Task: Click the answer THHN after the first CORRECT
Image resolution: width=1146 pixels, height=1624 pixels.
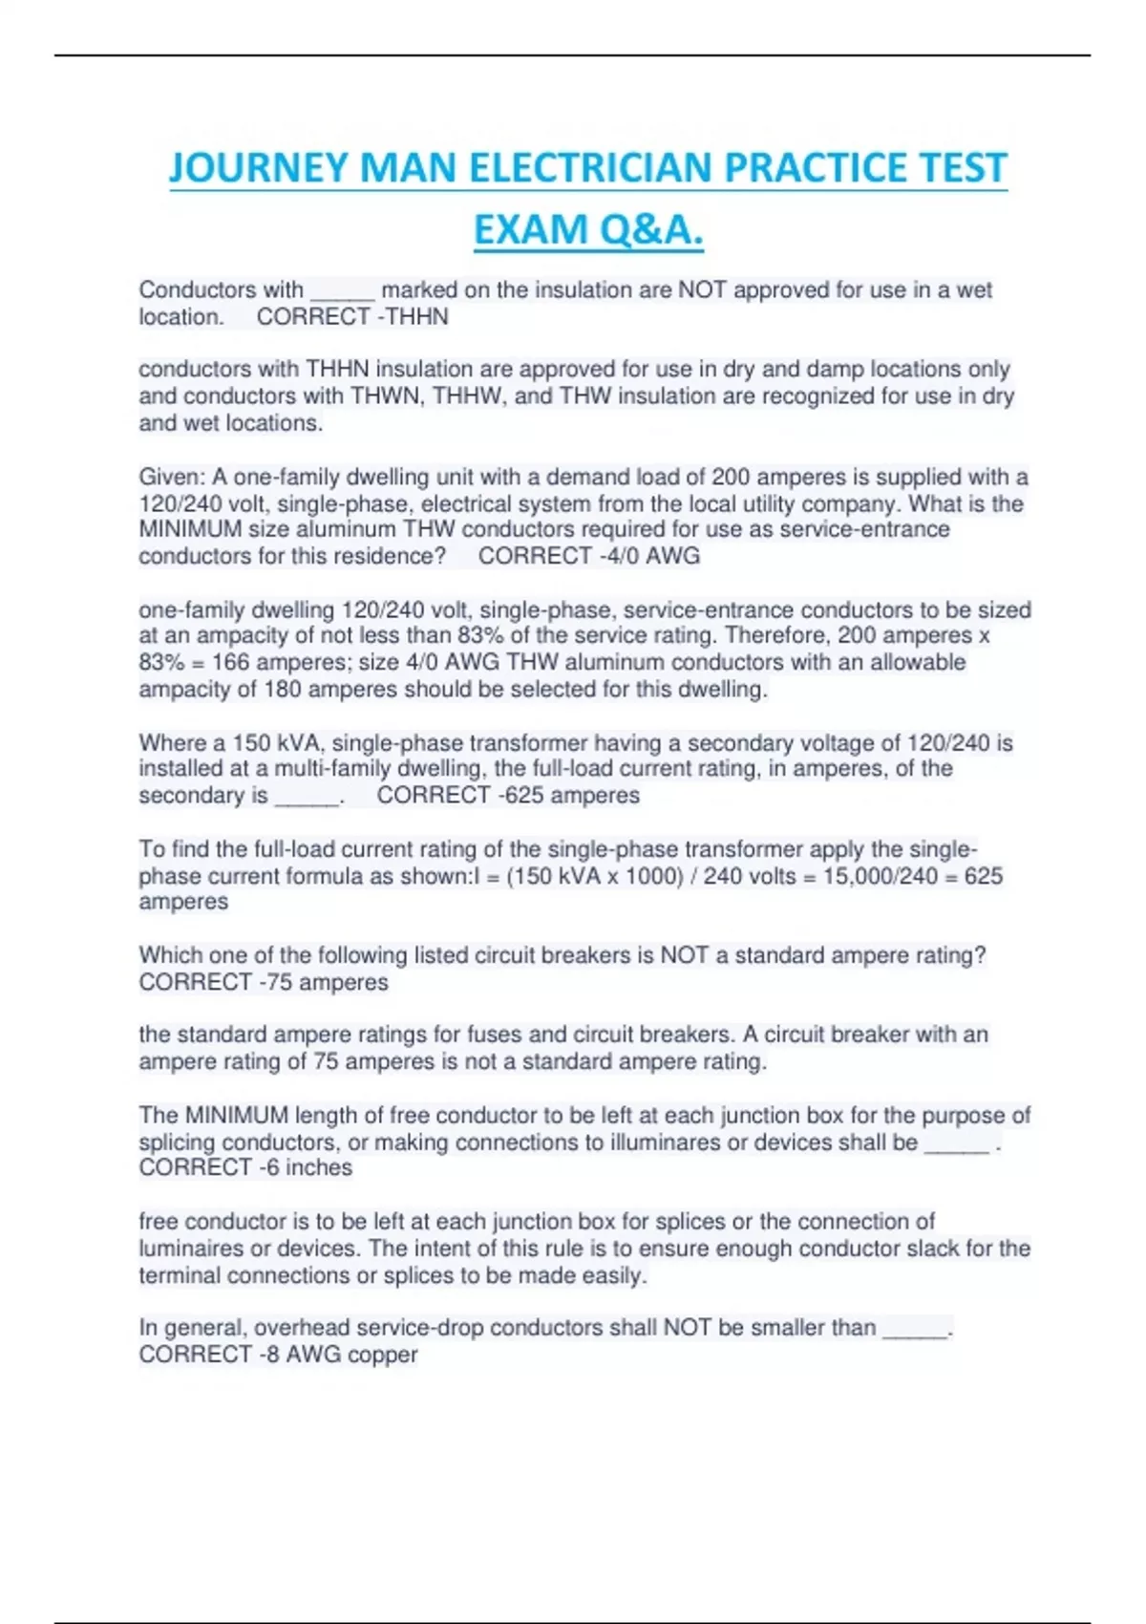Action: [x=417, y=317]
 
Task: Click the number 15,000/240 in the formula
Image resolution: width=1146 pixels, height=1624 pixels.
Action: [x=881, y=876]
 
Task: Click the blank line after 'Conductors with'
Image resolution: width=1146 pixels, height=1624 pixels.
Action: [x=343, y=290]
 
